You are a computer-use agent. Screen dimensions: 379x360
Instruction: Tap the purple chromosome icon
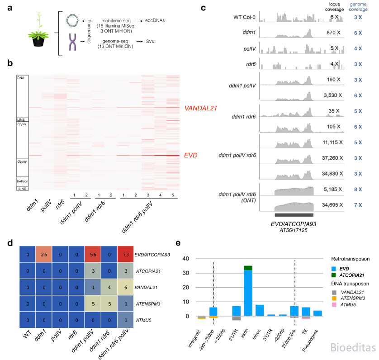(x=72, y=42)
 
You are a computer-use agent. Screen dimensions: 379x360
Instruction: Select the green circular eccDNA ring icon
(x=72, y=20)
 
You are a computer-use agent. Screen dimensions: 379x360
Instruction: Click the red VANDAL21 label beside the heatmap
(x=201, y=108)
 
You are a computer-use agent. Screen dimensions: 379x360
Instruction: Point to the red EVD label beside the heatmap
(x=191, y=155)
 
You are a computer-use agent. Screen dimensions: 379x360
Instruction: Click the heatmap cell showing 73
(x=125, y=254)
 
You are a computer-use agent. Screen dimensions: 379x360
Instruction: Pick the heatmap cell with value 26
(x=44, y=254)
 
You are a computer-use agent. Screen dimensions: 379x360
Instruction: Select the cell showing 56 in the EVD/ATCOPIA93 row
(x=93, y=254)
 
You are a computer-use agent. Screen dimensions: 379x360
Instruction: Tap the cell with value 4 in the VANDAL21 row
(x=109, y=287)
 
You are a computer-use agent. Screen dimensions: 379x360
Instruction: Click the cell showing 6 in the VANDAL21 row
(x=125, y=287)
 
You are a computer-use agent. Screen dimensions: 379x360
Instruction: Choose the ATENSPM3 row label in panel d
(x=148, y=303)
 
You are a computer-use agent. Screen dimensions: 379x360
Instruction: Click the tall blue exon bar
(x=248, y=293)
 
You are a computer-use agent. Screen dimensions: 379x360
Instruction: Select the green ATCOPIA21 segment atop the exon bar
(x=248, y=268)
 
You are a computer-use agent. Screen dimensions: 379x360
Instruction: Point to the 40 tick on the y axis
(x=185, y=258)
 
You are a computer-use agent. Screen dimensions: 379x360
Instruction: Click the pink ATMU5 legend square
(x=334, y=305)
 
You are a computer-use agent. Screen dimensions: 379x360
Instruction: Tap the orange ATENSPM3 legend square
(x=334, y=298)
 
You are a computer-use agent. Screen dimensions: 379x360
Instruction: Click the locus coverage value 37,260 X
(x=332, y=158)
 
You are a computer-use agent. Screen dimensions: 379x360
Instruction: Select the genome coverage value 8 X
(x=358, y=189)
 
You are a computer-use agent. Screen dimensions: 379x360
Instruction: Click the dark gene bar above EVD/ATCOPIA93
(x=294, y=215)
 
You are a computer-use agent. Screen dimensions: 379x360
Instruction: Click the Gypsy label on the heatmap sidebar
(x=22, y=161)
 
